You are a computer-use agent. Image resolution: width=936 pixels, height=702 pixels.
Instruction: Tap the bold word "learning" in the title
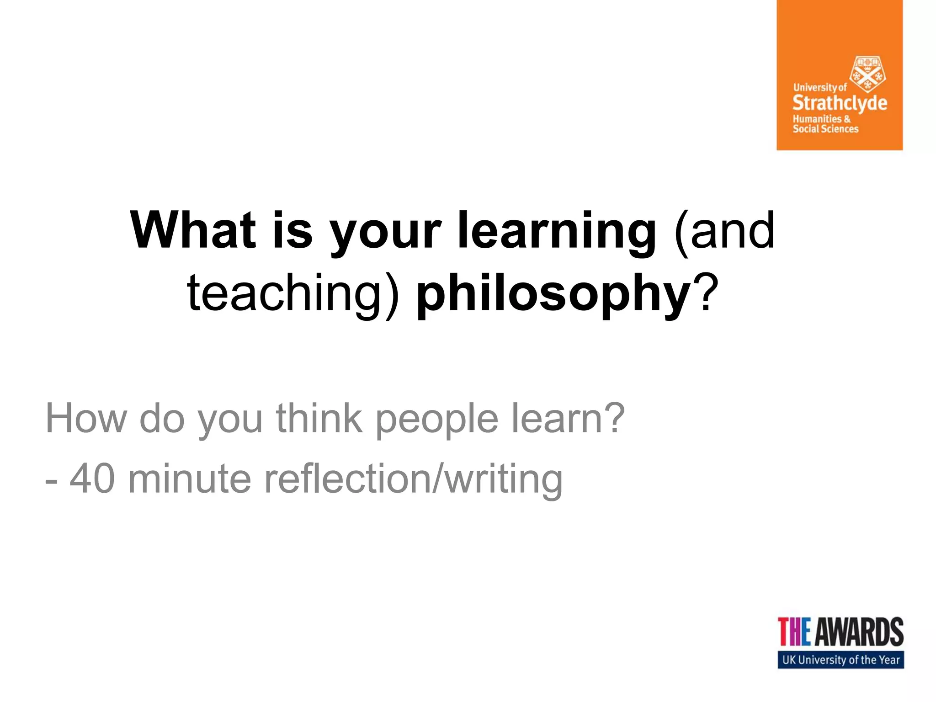point(557,232)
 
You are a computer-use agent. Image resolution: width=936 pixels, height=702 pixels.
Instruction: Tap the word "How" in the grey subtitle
point(86,418)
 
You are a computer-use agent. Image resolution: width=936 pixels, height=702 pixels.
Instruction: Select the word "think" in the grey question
point(319,418)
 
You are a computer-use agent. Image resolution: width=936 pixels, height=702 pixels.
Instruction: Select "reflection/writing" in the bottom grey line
point(413,480)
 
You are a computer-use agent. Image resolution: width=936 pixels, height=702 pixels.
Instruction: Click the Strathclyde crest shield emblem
point(867,74)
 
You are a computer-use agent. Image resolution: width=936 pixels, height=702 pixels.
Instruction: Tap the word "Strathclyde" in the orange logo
point(840,103)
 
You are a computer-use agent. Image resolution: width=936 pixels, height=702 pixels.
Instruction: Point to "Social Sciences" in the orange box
point(825,129)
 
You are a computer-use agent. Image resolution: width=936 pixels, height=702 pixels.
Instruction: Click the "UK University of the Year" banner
point(840,660)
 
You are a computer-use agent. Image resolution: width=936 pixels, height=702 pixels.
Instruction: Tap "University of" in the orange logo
point(820,87)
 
